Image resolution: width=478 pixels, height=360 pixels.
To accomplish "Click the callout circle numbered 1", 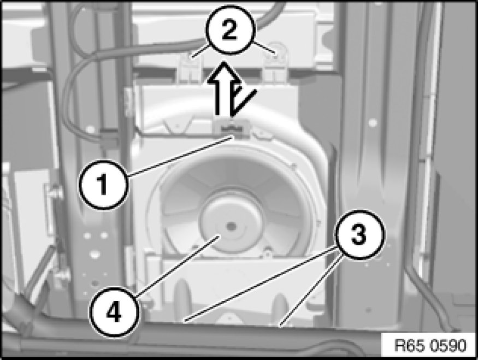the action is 103,184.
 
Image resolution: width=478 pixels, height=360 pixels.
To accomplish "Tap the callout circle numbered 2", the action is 229,30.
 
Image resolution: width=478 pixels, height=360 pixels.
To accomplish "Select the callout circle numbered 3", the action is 359,235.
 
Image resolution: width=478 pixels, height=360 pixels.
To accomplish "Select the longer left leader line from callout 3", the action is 261,285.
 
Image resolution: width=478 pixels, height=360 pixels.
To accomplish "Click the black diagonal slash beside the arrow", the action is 243,102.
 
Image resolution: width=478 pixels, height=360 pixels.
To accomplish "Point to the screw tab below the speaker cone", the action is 268,252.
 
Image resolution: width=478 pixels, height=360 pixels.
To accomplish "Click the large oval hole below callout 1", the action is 94,253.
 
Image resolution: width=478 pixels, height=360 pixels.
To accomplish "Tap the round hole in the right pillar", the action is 372,123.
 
